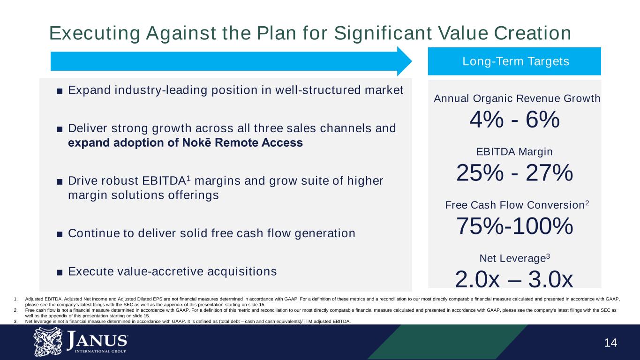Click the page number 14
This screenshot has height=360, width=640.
coord(610,343)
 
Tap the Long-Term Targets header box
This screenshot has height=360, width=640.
coord(514,61)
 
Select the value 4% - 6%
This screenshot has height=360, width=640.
coord(514,121)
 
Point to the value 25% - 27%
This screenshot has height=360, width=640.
coord(514,174)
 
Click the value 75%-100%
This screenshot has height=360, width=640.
coord(514,227)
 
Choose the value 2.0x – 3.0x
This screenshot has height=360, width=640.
coord(514,280)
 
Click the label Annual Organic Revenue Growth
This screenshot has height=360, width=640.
coord(517,98)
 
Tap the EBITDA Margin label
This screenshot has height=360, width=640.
coord(514,152)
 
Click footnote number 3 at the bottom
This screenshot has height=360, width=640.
coord(15,321)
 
